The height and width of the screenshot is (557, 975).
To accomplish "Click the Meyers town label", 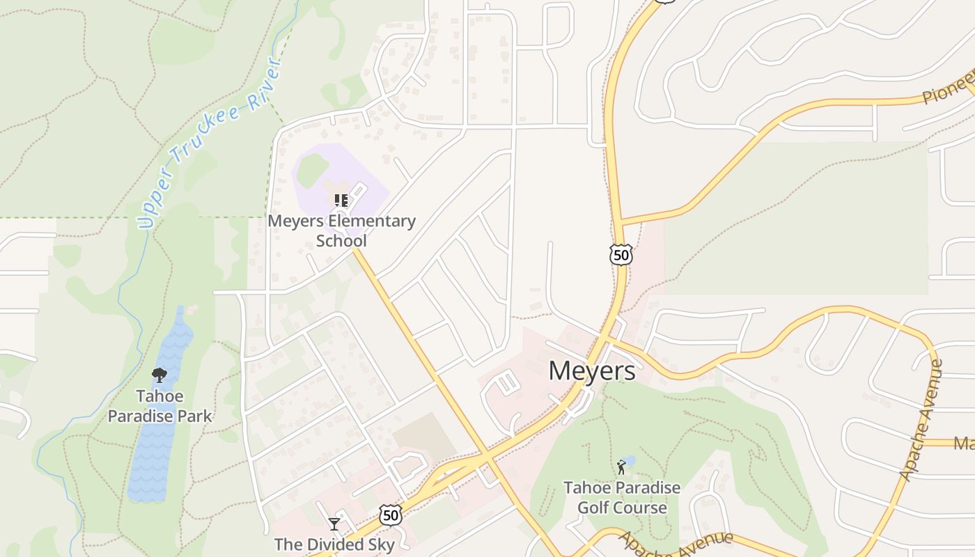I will click(591, 370).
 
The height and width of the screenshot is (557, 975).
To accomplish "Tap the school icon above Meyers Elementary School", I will click(341, 201).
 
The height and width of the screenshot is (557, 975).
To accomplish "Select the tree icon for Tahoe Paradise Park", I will click(159, 375).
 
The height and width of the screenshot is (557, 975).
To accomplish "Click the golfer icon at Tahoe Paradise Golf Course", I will click(621, 467).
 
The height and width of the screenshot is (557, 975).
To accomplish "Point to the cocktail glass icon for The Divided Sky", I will click(334, 524).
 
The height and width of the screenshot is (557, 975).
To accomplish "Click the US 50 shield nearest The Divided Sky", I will click(391, 515).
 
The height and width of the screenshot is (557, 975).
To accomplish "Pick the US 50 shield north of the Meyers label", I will click(621, 255).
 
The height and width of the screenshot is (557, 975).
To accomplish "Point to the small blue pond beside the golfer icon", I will click(630, 460).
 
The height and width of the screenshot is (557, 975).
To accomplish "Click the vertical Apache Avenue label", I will click(921, 419).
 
